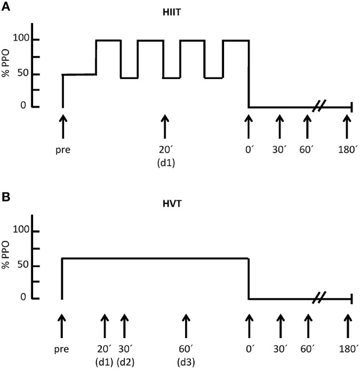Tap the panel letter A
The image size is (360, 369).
click(x=5, y=6)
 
